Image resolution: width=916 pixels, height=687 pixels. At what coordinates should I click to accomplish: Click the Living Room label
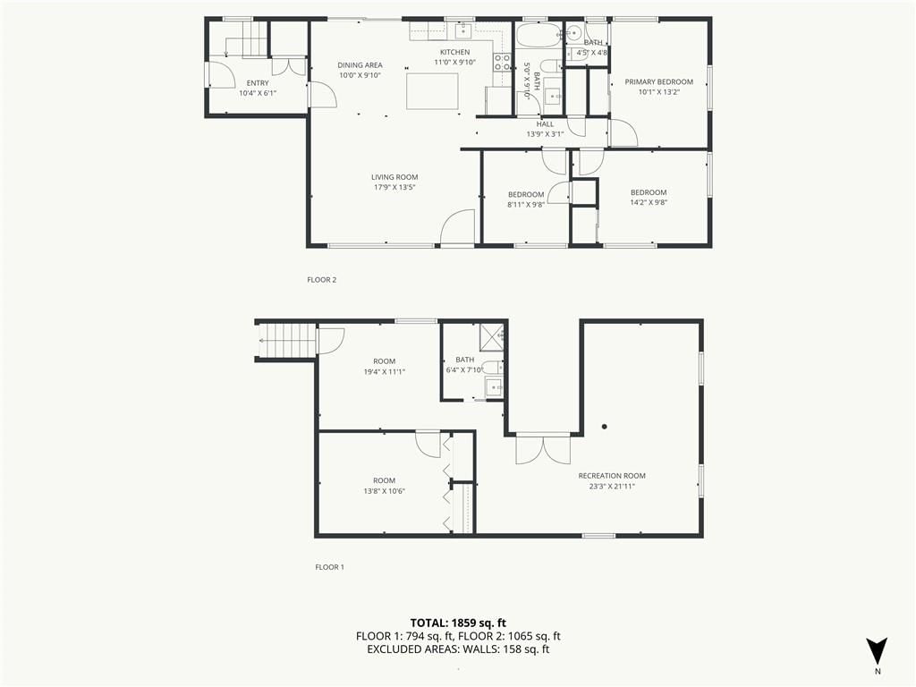tap(394, 177)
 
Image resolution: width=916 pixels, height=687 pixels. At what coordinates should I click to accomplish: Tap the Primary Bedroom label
tap(659, 81)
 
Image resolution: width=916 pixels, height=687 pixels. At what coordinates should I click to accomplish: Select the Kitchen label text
tap(455, 52)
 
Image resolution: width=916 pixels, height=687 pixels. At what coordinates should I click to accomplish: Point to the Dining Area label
tap(360, 64)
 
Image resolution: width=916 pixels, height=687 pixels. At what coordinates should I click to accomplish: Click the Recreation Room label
tap(612, 476)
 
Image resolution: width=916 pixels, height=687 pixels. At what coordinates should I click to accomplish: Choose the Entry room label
tap(258, 83)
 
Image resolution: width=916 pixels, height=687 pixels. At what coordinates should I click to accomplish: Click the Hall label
tap(545, 123)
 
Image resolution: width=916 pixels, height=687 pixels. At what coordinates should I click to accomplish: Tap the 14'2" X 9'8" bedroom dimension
tap(649, 203)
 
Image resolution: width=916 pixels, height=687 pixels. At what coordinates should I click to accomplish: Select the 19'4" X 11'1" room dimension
tap(385, 371)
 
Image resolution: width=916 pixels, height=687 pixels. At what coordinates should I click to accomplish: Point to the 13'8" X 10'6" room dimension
tap(385, 491)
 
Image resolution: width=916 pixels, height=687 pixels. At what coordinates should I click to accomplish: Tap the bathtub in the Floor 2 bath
tap(539, 35)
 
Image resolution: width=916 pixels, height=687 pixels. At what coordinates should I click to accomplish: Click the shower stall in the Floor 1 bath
tap(491, 335)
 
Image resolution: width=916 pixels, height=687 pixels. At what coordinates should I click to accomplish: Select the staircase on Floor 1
tap(287, 341)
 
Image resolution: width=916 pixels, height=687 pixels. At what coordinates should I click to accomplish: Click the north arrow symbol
tap(877, 650)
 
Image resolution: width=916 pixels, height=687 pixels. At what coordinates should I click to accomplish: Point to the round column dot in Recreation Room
tap(605, 427)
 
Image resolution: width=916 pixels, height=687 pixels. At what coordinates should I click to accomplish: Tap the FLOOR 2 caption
tap(322, 280)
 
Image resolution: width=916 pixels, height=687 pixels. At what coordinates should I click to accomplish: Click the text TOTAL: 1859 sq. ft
tap(458, 623)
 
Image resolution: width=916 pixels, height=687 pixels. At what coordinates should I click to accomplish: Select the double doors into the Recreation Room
tap(543, 449)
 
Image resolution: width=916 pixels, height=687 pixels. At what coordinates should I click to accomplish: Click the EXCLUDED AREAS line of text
tap(458, 649)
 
